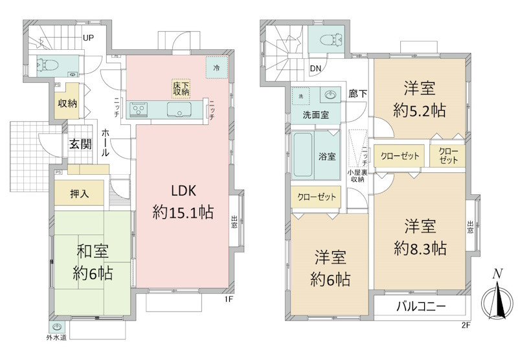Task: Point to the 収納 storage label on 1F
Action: pos(67,103)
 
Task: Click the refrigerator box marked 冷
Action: pos(216,67)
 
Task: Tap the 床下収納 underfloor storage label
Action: pos(181,89)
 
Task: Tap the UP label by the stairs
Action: pos(88,38)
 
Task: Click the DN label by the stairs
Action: pos(315,68)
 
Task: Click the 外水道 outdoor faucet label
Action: pos(57,337)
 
